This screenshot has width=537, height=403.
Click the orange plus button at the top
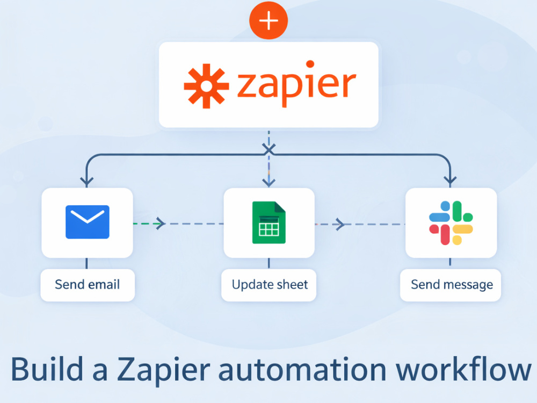click(268, 20)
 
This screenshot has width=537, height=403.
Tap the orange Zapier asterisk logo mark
click(206, 86)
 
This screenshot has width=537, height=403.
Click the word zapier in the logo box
click(296, 84)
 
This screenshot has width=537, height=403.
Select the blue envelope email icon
click(88, 222)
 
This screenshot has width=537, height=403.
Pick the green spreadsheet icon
click(269, 222)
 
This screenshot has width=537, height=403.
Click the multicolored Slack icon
click(451, 223)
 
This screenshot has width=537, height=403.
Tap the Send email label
click(88, 284)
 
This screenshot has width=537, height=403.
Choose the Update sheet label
click(270, 285)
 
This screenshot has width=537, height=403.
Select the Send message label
click(452, 285)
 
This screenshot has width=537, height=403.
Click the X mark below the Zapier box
click(269, 150)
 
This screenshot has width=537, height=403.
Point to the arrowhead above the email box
click(86, 181)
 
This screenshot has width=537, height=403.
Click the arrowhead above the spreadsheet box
click(269, 181)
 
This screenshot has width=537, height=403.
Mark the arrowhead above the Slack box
click(450, 181)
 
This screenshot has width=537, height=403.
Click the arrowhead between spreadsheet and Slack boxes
click(340, 224)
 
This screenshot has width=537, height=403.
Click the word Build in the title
click(47, 369)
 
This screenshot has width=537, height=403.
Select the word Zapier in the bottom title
click(163, 371)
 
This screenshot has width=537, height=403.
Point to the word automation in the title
click(302, 370)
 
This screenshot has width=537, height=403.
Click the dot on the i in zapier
click(310, 64)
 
